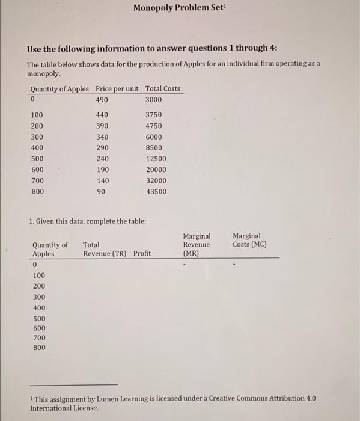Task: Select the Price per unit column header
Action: coord(117,88)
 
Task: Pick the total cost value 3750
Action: coord(154,115)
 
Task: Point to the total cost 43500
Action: coord(156,192)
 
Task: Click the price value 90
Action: coord(100,192)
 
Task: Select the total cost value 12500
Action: coord(156,159)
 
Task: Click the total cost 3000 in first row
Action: coord(154,99)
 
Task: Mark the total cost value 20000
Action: coord(156,170)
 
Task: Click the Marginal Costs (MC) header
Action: coord(249,240)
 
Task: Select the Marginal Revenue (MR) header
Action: coord(197,245)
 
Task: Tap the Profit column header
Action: coord(142,254)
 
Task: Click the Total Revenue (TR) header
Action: coord(105,249)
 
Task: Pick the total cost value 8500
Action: coord(154,148)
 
